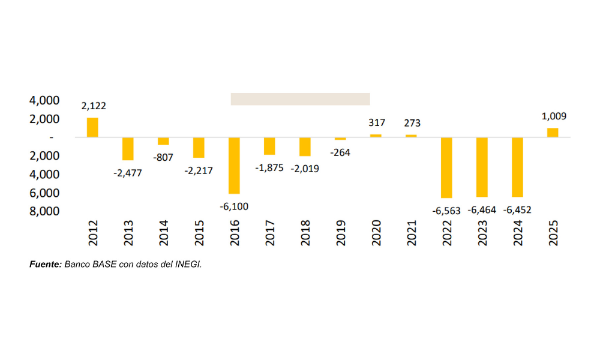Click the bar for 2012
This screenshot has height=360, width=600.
[x=92, y=127]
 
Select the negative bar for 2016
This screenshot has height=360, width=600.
[x=234, y=165]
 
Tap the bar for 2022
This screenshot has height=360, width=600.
[x=446, y=167]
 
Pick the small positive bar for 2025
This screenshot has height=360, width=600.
[x=553, y=133]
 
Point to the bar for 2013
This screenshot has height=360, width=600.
[x=128, y=149]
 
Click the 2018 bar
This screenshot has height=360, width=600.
[x=305, y=146]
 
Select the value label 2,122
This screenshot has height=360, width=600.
[x=94, y=106]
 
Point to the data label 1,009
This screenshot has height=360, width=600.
[x=553, y=116]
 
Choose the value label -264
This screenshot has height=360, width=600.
[x=340, y=152]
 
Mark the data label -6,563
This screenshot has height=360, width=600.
[x=446, y=210]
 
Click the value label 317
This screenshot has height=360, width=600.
[x=377, y=123]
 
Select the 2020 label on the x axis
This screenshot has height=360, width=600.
[x=377, y=234]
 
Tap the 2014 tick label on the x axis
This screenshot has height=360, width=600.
[x=164, y=234]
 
